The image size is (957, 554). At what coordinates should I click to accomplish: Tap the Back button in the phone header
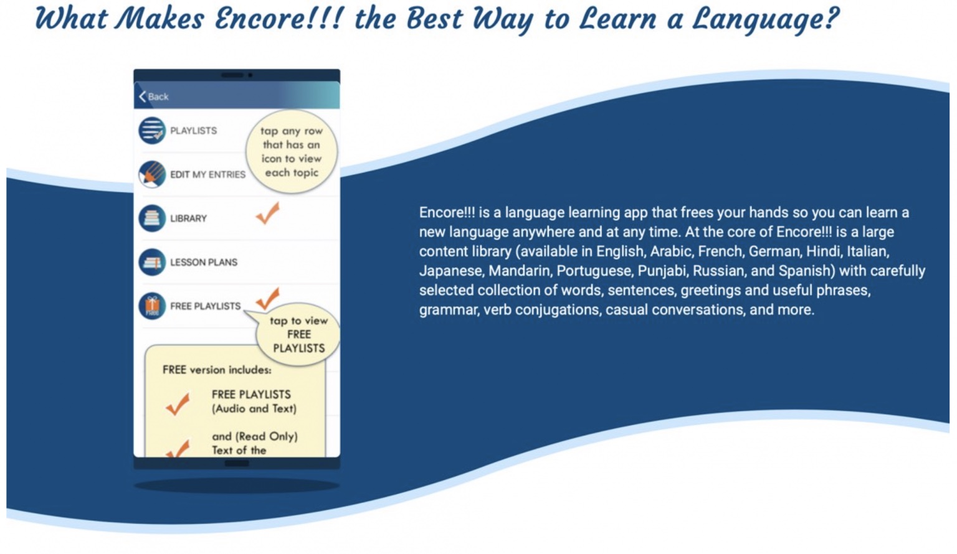pyautogui.click(x=154, y=96)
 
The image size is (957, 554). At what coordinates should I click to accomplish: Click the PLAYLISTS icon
pyautogui.click(x=152, y=131)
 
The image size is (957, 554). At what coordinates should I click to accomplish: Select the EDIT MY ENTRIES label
pyautogui.click(x=207, y=175)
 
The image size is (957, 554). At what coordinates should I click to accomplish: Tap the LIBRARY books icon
pyautogui.click(x=152, y=218)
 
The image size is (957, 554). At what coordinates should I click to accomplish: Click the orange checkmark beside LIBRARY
pyautogui.click(x=267, y=214)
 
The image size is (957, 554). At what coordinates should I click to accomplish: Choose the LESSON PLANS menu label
pyautogui.click(x=204, y=263)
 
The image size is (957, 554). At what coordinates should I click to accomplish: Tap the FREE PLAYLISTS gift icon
pyautogui.click(x=152, y=306)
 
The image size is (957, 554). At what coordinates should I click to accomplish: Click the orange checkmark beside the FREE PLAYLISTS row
pyautogui.click(x=268, y=299)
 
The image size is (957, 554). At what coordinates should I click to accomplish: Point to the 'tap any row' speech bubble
pyautogui.click(x=291, y=152)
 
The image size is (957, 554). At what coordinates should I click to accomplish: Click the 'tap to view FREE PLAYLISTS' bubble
pyautogui.click(x=298, y=335)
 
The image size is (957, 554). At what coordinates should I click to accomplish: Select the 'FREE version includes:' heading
pyautogui.click(x=217, y=370)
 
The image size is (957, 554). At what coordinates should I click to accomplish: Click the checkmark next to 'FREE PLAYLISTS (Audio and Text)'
pyautogui.click(x=178, y=404)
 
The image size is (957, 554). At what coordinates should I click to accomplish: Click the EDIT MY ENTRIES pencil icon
pyautogui.click(x=152, y=174)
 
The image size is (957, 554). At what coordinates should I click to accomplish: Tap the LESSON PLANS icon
pyautogui.click(x=152, y=262)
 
